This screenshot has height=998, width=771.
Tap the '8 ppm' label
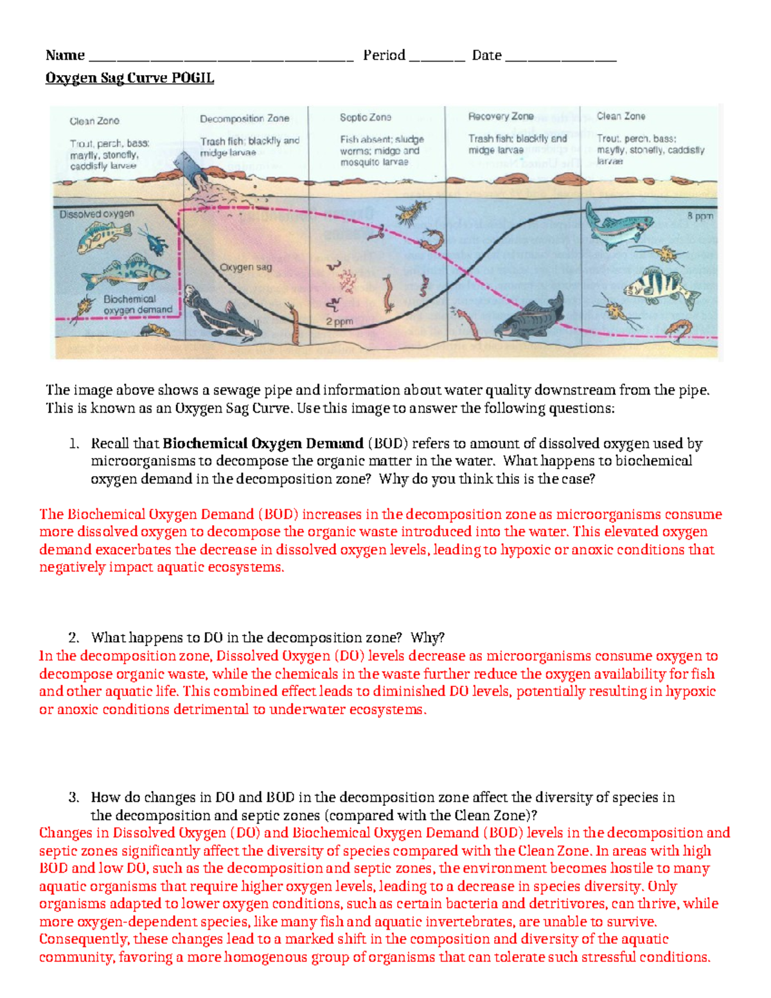coord(700,217)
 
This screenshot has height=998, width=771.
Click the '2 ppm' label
coord(339,321)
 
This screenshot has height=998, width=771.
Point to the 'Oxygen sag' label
coord(245,267)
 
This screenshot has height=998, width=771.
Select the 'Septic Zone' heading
coord(365,118)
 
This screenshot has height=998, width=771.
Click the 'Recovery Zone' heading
coord(501,116)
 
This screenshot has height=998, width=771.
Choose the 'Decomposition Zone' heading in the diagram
coord(244,119)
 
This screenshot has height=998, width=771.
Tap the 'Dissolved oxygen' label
coord(96,214)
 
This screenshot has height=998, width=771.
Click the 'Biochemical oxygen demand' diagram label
coord(137,304)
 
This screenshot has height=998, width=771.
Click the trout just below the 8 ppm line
coord(617,229)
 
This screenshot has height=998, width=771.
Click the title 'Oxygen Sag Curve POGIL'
coord(129,78)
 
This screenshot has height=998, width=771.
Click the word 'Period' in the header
coord(384,55)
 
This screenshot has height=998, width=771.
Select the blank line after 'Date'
coord(560,58)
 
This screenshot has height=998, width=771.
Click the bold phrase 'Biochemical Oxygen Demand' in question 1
coord(262,443)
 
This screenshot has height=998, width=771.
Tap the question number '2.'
coord(74,637)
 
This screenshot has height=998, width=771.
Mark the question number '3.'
coord(74,798)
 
